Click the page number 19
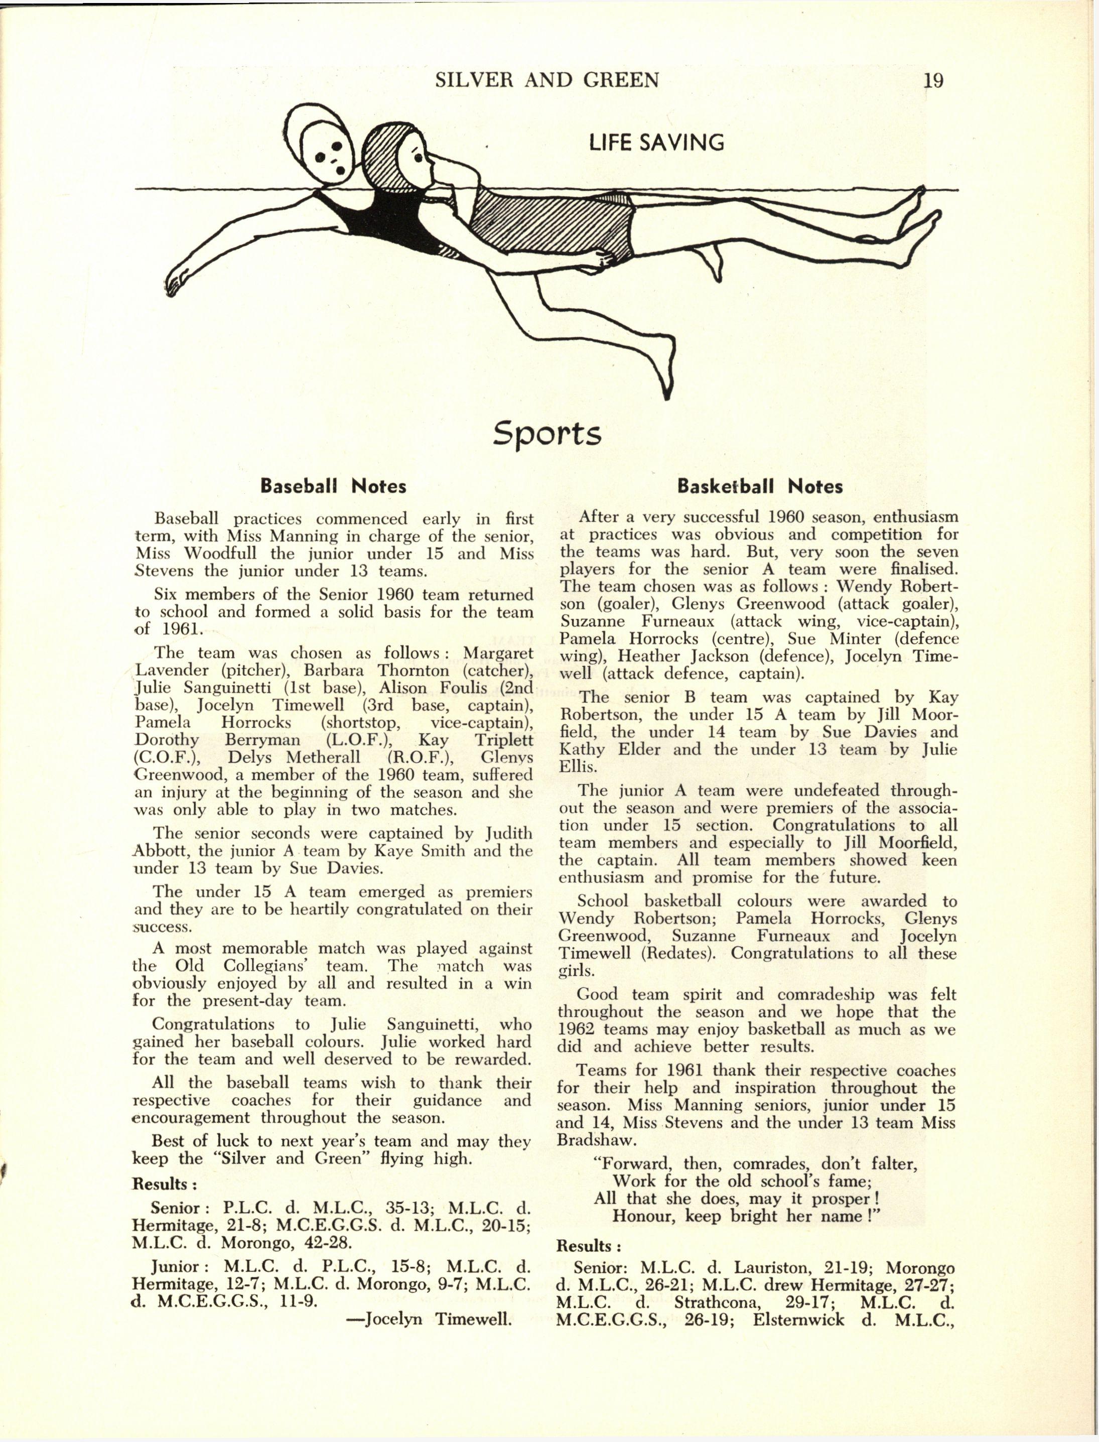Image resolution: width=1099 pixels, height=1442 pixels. pyautogui.click(x=933, y=80)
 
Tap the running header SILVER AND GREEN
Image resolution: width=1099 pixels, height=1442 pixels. pyautogui.click(x=547, y=80)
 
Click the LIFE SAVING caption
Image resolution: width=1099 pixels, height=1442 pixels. pyautogui.click(x=656, y=142)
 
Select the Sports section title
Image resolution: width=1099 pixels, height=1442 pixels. pyautogui.click(x=547, y=433)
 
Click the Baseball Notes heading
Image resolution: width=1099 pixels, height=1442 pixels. pyautogui.click(x=333, y=486)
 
